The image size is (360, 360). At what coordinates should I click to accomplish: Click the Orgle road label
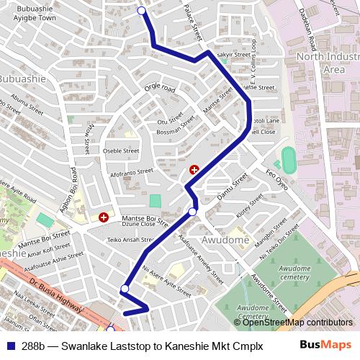tap(160, 89)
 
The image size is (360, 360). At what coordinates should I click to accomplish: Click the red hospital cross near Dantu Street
tap(194, 170)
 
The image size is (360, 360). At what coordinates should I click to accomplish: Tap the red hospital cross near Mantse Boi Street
tap(104, 216)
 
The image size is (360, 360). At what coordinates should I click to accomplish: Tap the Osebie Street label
tap(121, 150)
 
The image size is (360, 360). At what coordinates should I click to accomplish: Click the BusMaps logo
tap(326, 345)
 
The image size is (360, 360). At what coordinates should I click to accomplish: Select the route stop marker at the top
tap(142, 10)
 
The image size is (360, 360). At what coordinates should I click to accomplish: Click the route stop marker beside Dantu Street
tap(192, 211)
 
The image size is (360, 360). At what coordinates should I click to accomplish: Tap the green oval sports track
tap(289, 160)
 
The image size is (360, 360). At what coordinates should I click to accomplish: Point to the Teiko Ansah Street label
tap(130, 240)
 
